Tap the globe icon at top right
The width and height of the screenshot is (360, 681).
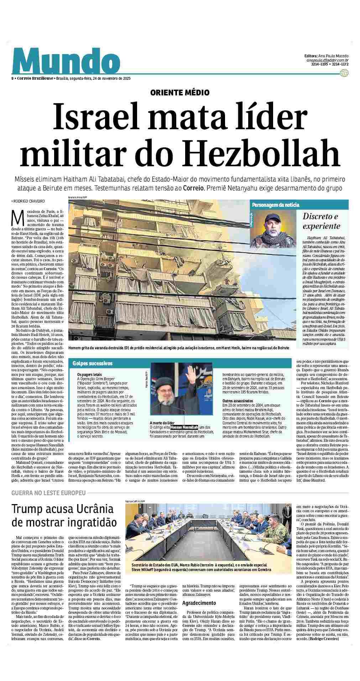[x=344, y=73]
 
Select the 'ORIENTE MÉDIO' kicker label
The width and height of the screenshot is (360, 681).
[x=180, y=93]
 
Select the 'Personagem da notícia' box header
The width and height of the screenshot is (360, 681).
[x=276, y=205]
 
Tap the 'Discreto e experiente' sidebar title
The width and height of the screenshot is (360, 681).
[x=322, y=221]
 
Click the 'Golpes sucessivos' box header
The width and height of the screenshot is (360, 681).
[x=92, y=363]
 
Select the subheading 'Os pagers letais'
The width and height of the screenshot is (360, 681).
[x=89, y=374]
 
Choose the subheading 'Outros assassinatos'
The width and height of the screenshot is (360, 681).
[x=237, y=401]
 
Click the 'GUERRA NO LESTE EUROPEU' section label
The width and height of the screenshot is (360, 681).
[x=48, y=493]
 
